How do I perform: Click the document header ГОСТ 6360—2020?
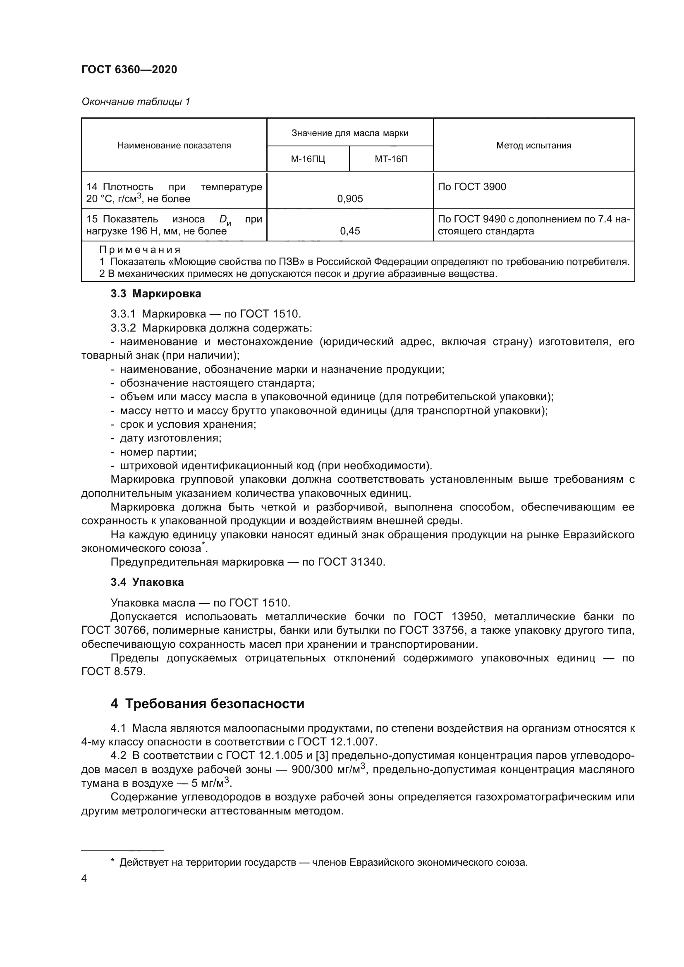click(x=129, y=69)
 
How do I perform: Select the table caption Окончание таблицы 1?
click(x=136, y=102)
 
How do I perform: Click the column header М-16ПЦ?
click(x=308, y=159)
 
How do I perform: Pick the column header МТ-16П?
click(x=391, y=159)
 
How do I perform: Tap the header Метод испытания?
click(x=533, y=145)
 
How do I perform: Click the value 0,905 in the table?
click(x=350, y=199)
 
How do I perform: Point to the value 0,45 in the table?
click(x=350, y=231)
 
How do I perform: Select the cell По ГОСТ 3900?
click(x=472, y=186)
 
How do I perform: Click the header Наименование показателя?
click(x=174, y=145)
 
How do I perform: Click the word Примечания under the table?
click(x=140, y=250)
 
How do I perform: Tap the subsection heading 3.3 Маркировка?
click(x=156, y=294)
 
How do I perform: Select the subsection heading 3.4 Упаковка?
click(x=147, y=582)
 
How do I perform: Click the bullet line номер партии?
click(x=158, y=452)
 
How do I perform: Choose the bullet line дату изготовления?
click(x=170, y=438)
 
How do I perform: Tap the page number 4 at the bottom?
click(x=84, y=879)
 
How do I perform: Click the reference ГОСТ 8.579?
click(x=113, y=671)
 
